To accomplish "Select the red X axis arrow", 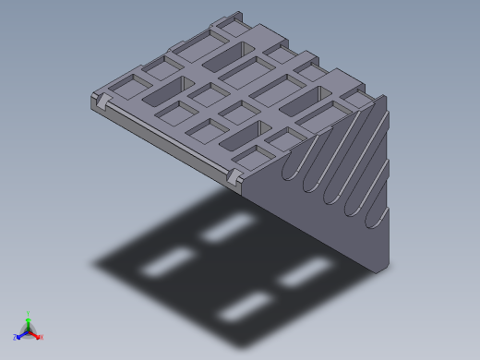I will [x=36, y=335].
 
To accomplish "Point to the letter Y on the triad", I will [x=28, y=313].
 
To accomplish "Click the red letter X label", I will [x=42, y=337].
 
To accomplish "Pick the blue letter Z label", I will [x=15, y=337].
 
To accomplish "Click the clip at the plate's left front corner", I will [x=102, y=98].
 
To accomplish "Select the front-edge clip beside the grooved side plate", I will [x=234, y=174].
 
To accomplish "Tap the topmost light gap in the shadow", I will [x=228, y=227].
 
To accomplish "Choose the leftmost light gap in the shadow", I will [x=167, y=263].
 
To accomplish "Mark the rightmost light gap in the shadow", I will [x=306, y=271].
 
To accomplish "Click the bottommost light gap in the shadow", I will [x=245, y=308].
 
